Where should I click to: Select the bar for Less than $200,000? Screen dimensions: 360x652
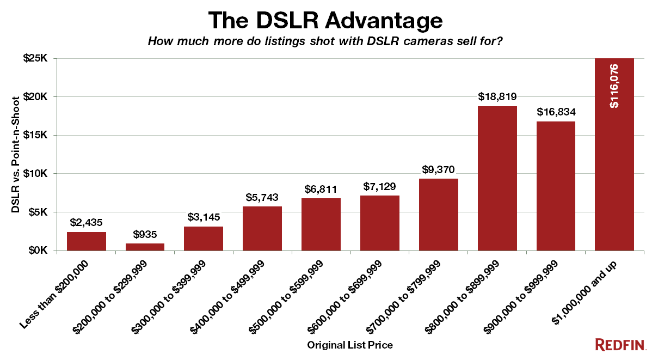[87, 241]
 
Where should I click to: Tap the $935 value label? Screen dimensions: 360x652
[145, 235]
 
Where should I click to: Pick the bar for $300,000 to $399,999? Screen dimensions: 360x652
[204, 239]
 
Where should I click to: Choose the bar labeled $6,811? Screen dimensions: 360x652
[321, 224]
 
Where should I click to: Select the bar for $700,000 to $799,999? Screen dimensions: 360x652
[438, 215]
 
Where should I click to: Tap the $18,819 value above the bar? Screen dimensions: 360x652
[497, 97]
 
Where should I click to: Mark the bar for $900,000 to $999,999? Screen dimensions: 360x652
[556, 186]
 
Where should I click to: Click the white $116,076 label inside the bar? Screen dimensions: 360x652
[614, 86]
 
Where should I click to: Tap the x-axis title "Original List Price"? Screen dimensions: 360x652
[350, 345]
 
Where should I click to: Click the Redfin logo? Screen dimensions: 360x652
[620, 344]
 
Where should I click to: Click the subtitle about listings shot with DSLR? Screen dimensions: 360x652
[325, 42]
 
